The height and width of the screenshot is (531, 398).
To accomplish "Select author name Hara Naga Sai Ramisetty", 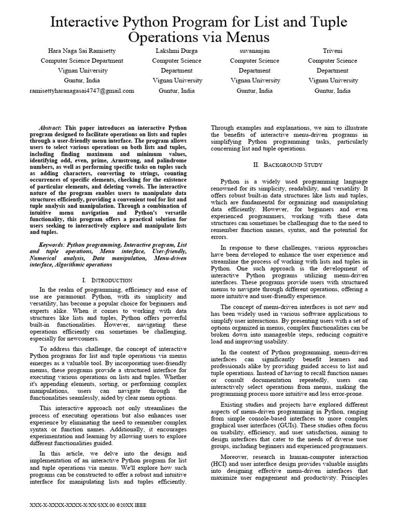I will pyautogui.click(x=82, y=50).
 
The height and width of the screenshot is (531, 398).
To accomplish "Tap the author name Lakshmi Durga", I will pyautogui.click(x=177, y=50).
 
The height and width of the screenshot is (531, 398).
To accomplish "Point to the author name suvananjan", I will pyautogui.click(x=254, y=50).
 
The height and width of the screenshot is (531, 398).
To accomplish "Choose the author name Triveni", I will pyautogui.click(x=332, y=50).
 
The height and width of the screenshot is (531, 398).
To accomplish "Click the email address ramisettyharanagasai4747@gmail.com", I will pyautogui.click(x=82, y=90).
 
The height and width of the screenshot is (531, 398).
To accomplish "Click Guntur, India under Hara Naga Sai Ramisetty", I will pyautogui.click(x=82, y=80).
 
